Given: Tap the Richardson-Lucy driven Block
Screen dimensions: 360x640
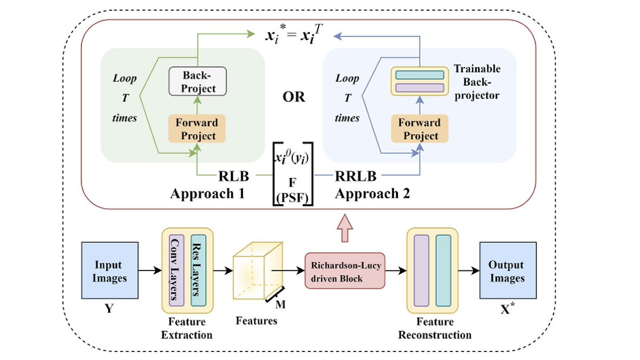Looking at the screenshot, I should point(345,271).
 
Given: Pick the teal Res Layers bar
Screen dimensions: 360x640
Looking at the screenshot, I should point(198,271).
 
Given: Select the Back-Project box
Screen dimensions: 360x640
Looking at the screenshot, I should point(197,82).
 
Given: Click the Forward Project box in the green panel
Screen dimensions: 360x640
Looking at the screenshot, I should point(197,129).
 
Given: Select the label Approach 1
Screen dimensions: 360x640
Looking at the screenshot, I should point(207,194).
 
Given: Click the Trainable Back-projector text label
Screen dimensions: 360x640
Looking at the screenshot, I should point(477,83).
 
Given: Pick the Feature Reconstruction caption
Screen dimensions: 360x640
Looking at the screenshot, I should point(435,329).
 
